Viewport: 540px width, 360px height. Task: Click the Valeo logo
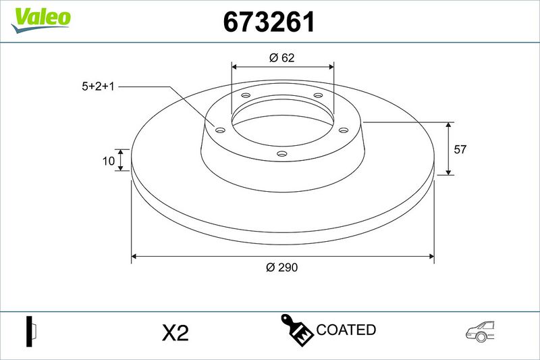point(40,20)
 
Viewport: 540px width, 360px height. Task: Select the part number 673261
point(269,22)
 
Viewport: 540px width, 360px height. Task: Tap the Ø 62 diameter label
point(282,57)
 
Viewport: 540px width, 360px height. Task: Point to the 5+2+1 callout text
point(98,86)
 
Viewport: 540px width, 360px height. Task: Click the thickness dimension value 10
point(109,161)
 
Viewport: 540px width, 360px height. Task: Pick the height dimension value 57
point(460,149)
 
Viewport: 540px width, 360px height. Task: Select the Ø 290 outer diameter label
point(281,267)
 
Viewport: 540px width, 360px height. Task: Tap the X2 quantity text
point(175,333)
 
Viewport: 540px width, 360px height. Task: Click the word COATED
point(346,330)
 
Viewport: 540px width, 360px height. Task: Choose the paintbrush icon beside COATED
point(297,330)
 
